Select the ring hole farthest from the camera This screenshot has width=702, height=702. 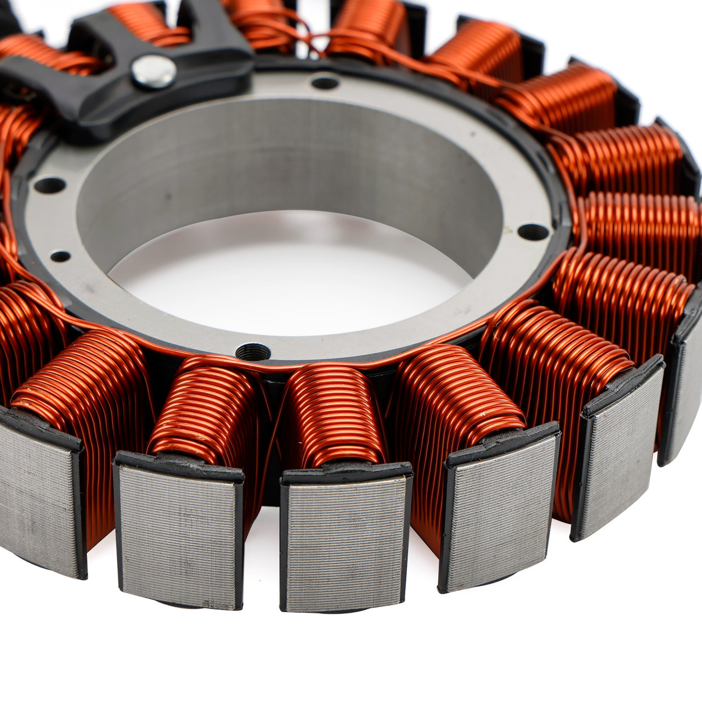click(x=325, y=83)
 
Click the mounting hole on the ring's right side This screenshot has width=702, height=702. click(x=533, y=232)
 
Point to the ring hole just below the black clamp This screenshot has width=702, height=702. click(x=49, y=185)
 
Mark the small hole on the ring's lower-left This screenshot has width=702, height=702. click(x=60, y=256)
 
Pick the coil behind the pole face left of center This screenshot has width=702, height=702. click(x=203, y=411)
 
